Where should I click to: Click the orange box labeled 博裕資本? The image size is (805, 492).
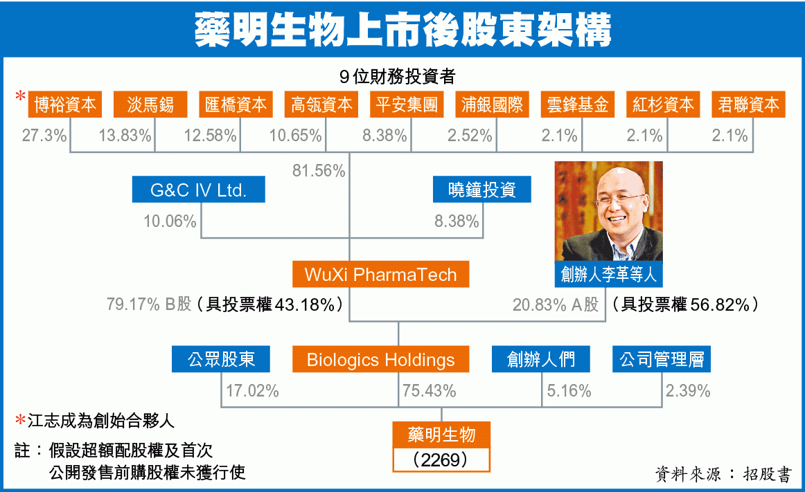64,104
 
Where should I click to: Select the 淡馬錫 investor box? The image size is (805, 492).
150,104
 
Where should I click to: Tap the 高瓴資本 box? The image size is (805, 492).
321,104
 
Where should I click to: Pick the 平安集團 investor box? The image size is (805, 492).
407,104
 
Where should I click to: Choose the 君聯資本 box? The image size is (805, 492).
748,104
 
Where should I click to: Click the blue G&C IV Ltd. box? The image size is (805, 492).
199,190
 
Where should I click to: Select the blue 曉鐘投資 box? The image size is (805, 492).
482,190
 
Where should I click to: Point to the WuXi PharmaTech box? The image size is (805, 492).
380,275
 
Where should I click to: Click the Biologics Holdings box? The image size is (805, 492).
380,359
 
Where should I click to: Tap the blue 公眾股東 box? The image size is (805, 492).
221,359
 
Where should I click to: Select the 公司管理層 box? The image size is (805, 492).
662,359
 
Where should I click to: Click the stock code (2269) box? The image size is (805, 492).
441,459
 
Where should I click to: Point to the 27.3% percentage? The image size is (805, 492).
44,136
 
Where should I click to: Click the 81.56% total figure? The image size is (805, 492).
319,171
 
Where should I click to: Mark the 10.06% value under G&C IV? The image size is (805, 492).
170,221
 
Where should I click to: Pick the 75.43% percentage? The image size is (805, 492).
430,391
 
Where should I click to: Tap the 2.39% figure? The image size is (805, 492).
688,391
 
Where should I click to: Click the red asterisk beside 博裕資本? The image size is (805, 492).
21,96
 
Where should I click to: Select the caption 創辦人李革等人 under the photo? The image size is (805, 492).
609,275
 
